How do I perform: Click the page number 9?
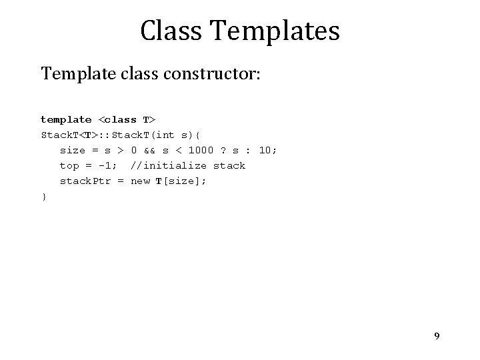(437, 336)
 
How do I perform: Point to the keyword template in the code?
(66, 120)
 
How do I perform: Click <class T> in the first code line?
(127, 120)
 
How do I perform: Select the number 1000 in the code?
(201, 151)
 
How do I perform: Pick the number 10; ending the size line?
(267, 151)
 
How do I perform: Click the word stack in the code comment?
(229, 166)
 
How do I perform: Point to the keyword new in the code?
(140, 181)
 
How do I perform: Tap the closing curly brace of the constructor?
(44, 197)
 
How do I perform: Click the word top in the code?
(69, 166)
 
